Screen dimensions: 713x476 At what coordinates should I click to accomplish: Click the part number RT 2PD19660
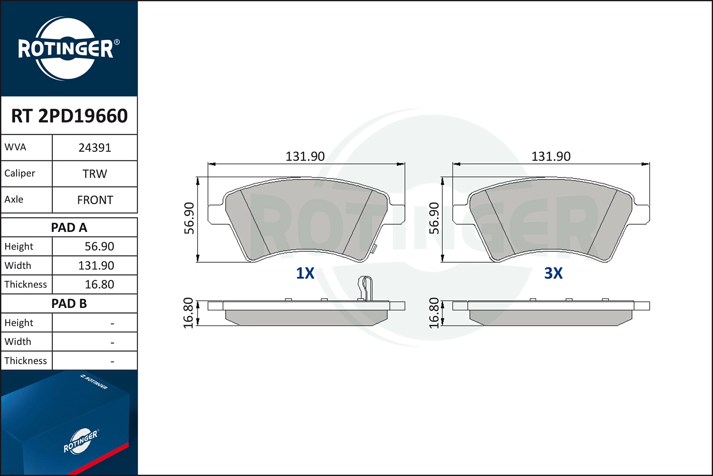tap(69, 116)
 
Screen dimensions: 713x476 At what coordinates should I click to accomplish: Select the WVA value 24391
tap(95, 148)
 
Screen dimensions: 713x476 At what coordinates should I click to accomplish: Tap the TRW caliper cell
tap(95, 174)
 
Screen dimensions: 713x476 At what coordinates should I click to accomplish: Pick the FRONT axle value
tap(95, 200)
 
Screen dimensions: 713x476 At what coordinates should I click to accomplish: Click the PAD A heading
tap(69, 228)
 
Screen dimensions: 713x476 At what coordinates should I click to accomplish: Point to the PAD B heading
tap(69, 304)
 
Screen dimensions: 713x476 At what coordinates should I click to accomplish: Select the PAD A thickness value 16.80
tap(99, 284)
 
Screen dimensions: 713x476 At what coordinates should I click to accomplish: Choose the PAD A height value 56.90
tap(99, 246)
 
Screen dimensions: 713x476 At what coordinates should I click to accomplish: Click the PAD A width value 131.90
tap(96, 265)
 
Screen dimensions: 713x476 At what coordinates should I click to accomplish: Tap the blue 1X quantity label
tap(305, 273)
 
